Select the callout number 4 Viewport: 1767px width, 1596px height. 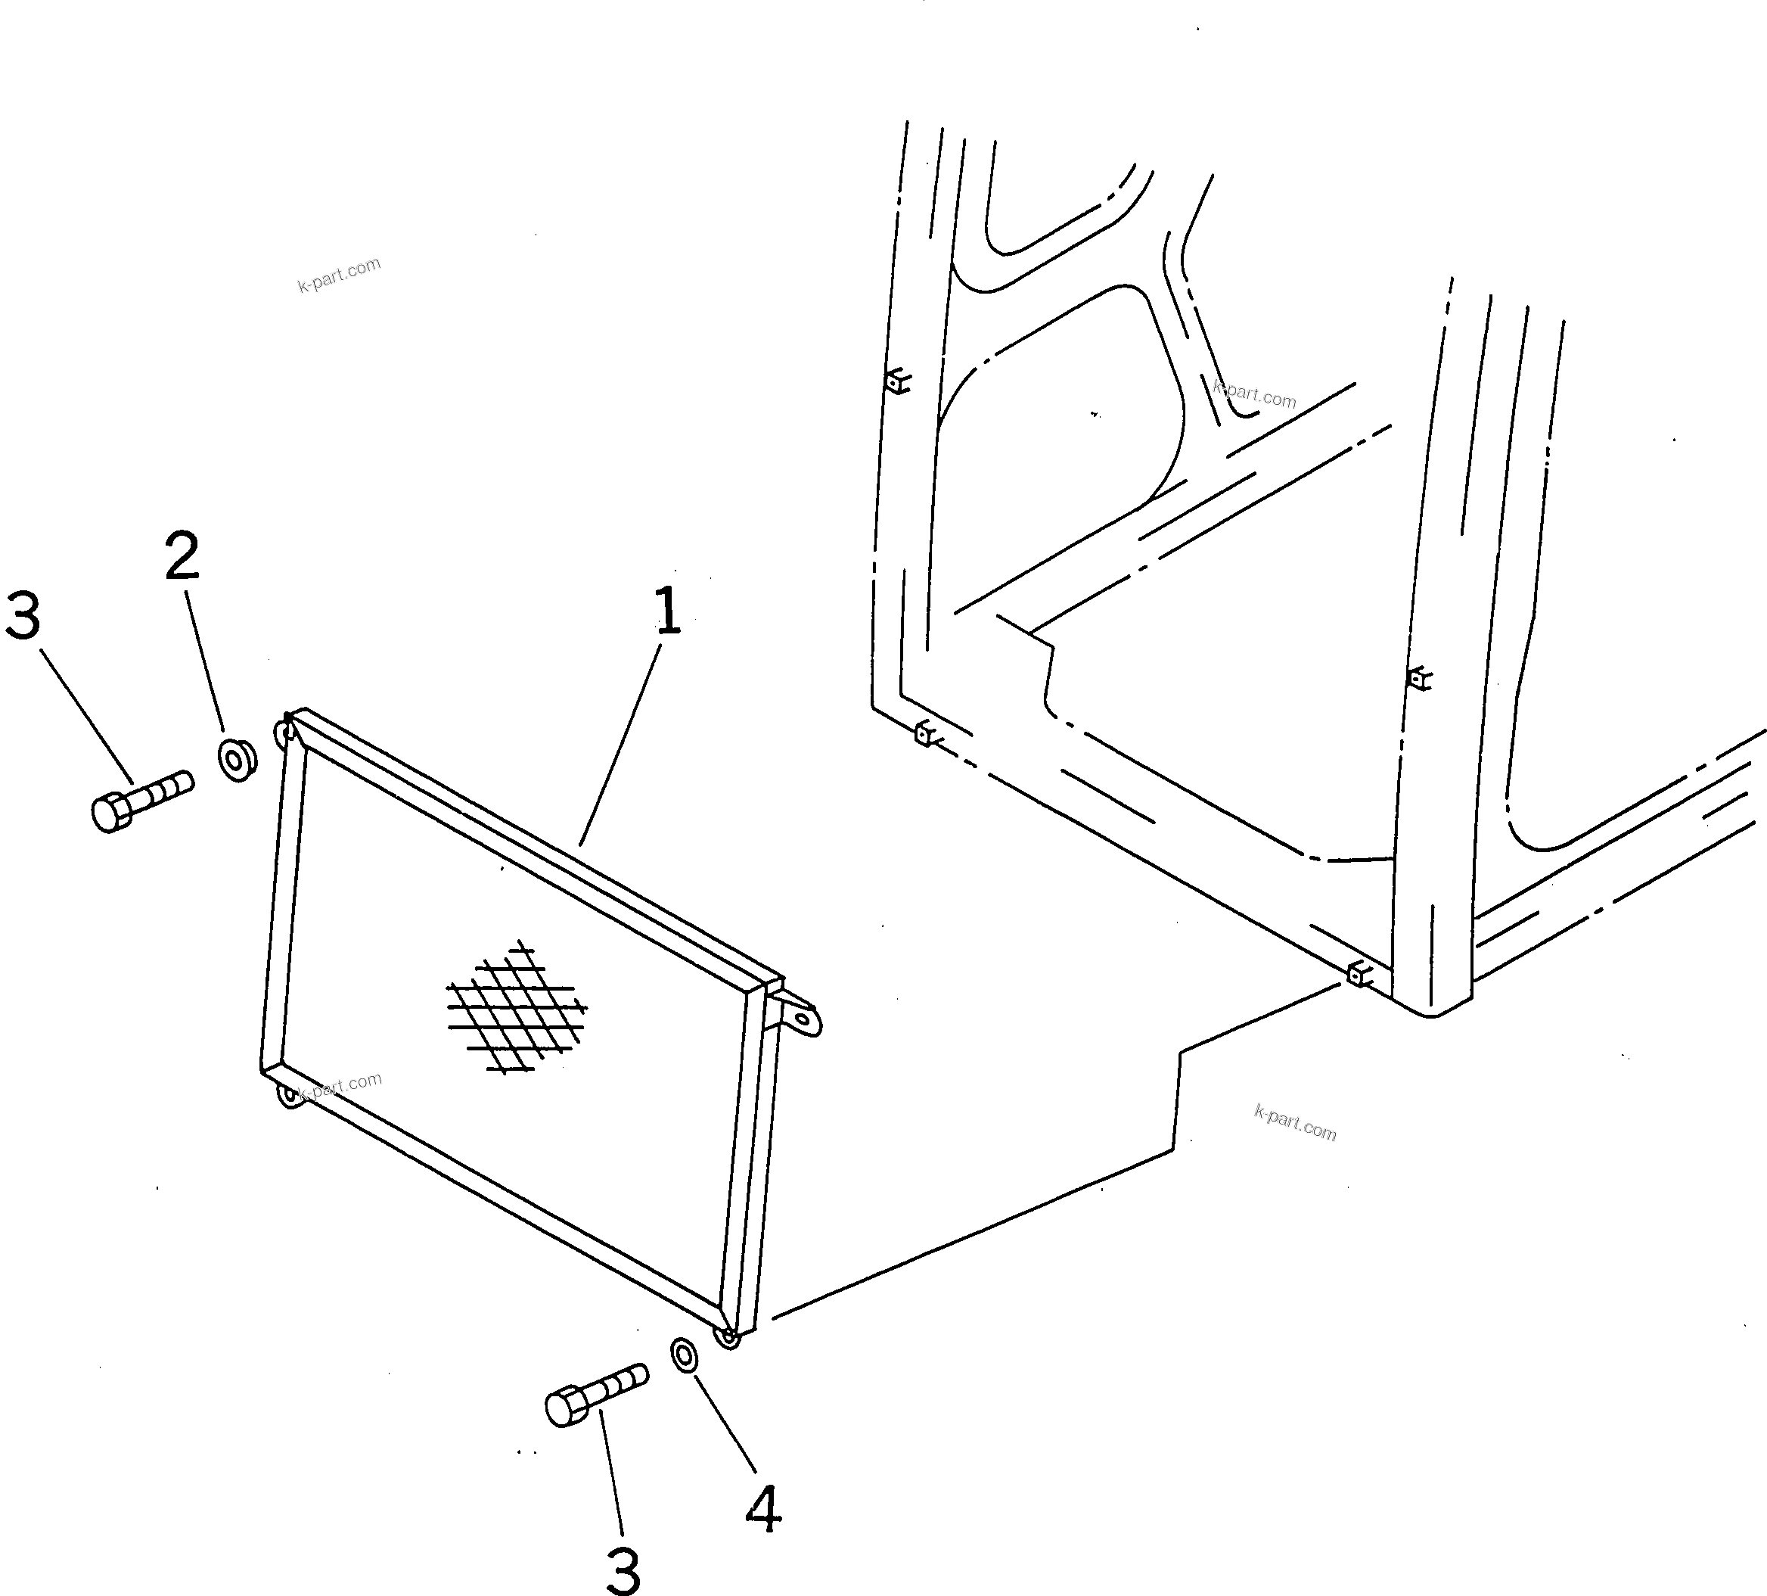tap(763, 1510)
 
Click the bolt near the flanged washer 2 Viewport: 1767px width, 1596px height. tap(140, 799)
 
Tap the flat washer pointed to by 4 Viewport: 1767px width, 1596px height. tap(685, 1354)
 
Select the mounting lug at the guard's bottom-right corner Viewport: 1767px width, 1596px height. tap(728, 1338)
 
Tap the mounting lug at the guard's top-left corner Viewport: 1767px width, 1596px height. tap(284, 730)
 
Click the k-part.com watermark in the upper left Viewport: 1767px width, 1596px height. tap(339, 275)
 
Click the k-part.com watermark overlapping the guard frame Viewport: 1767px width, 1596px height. tap(340, 1086)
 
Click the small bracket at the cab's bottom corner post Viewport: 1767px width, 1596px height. tap(1358, 972)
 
